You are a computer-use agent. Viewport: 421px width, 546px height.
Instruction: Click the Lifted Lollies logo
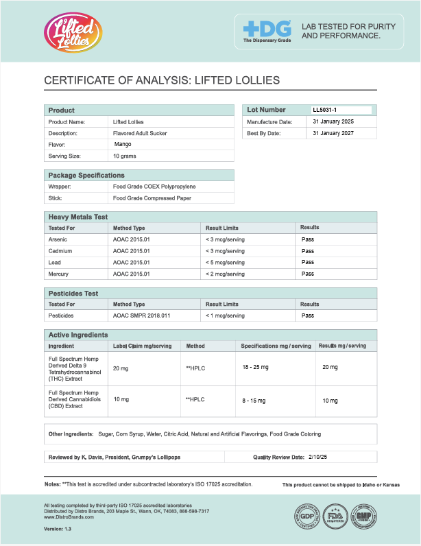click(x=71, y=32)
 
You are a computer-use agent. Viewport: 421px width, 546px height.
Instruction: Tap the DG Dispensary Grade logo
click(x=267, y=32)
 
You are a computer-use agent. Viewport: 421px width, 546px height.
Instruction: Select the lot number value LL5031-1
click(x=325, y=110)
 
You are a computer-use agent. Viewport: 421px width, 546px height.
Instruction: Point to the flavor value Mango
click(x=122, y=145)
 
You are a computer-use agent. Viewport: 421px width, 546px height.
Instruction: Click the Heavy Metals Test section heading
click(x=78, y=217)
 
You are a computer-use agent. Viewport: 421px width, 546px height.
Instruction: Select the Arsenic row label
click(x=58, y=239)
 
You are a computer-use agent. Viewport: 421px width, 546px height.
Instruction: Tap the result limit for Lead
click(x=225, y=262)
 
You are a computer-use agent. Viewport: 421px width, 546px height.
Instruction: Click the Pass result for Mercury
click(x=308, y=274)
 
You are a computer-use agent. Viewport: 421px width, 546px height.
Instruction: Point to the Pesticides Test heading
click(x=73, y=294)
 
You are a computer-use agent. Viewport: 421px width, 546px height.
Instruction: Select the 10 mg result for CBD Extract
click(x=330, y=399)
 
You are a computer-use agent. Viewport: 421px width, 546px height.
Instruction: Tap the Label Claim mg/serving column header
click(x=142, y=346)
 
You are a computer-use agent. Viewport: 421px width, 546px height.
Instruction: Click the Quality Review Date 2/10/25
click(x=318, y=456)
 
